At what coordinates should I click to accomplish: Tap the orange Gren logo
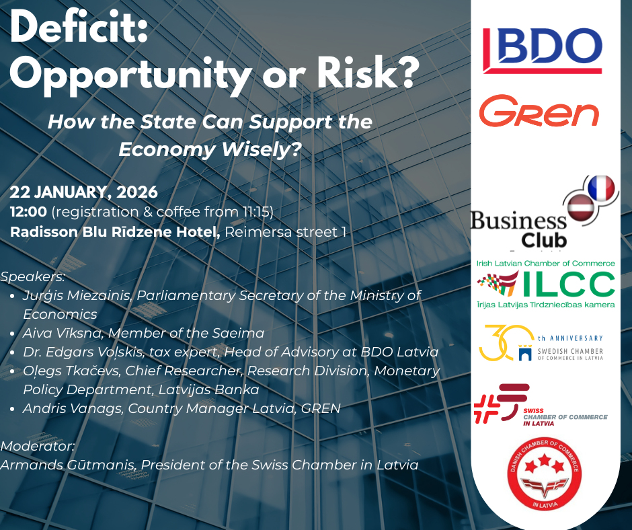pyautogui.click(x=539, y=111)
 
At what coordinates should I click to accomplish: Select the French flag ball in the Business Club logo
pyautogui.click(x=601, y=188)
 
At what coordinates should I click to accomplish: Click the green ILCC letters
pyautogui.click(x=568, y=285)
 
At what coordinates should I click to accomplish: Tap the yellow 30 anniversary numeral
pyautogui.click(x=506, y=342)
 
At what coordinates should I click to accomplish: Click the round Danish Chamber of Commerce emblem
pyautogui.click(x=544, y=474)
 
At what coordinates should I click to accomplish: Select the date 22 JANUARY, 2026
pyautogui.click(x=84, y=192)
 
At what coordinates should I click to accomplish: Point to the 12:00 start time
pyautogui.click(x=29, y=212)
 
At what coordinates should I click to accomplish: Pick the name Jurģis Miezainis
pyautogui.click(x=76, y=296)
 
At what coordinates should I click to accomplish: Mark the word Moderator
pyautogui.click(x=36, y=446)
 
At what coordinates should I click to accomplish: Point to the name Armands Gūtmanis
pyautogui.click(x=67, y=465)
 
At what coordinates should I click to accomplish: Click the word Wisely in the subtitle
pyautogui.click(x=256, y=149)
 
